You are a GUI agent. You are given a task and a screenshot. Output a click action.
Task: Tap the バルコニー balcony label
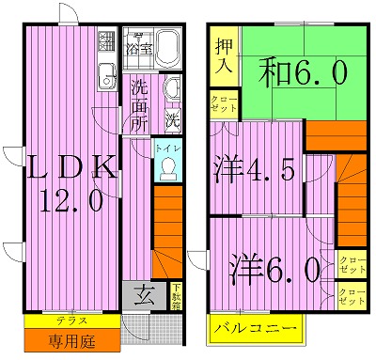click(x=255, y=329)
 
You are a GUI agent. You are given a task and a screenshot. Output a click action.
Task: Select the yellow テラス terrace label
click(x=70, y=321)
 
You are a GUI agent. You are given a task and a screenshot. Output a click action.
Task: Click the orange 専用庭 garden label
click(x=70, y=337)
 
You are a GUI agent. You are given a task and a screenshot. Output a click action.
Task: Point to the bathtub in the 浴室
click(x=168, y=44)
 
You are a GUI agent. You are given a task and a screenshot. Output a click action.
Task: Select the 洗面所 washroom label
click(x=140, y=104)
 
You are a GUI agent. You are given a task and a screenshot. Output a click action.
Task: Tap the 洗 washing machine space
click(x=172, y=119)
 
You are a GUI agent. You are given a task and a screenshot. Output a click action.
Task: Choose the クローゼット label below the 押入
click(x=224, y=102)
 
